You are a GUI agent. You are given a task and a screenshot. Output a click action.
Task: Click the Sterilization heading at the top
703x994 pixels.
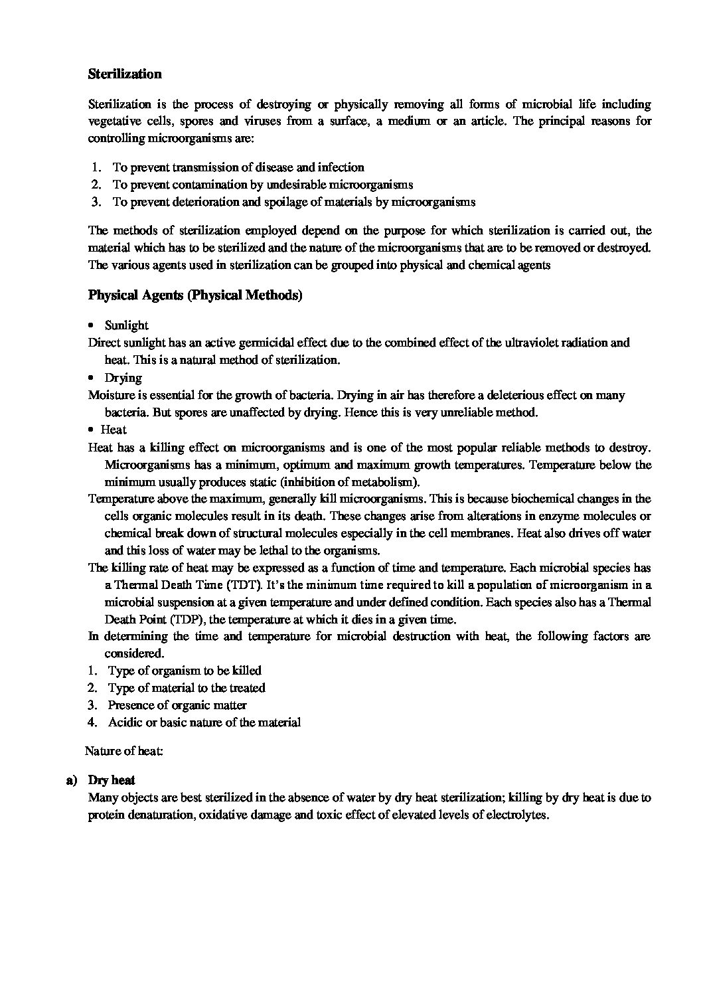point(125,74)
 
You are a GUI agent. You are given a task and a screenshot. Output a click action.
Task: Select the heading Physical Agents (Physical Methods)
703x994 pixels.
point(195,295)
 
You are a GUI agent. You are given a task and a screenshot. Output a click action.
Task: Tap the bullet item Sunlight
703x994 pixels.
point(126,325)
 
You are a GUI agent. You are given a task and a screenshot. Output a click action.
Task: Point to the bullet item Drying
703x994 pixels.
point(123,378)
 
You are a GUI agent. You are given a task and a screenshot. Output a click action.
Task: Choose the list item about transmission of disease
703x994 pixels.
point(238,167)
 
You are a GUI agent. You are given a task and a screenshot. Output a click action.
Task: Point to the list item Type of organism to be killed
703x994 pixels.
point(185,671)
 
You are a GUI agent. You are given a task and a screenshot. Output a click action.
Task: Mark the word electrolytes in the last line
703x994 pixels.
point(516,815)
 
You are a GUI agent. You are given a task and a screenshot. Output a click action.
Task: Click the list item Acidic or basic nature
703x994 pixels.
point(204,722)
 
